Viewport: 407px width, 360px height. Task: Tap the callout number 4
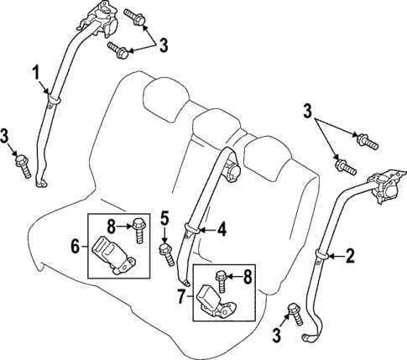click(222, 227)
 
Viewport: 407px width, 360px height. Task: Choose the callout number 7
click(180, 295)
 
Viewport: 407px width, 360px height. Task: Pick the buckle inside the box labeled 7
click(217, 302)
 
